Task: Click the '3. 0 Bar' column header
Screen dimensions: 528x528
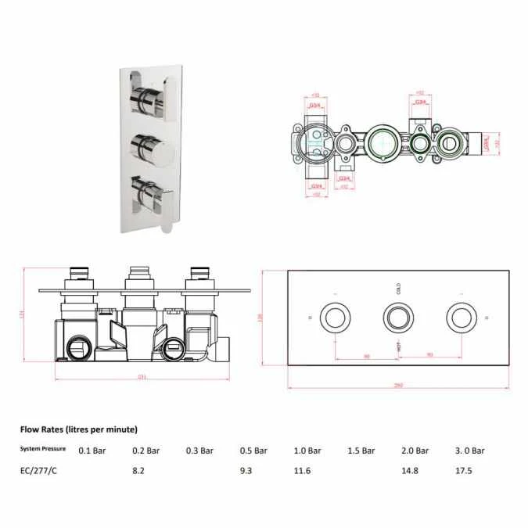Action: coord(469,451)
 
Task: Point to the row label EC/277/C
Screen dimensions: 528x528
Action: coord(39,471)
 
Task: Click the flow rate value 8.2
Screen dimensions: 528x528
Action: coord(138,471)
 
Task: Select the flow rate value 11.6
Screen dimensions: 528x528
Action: coord(302,471)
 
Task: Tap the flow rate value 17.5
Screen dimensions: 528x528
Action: coord(464,471)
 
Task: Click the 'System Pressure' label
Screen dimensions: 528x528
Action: coord(43,450)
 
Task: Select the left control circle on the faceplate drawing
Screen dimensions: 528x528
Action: coord(336,318)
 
